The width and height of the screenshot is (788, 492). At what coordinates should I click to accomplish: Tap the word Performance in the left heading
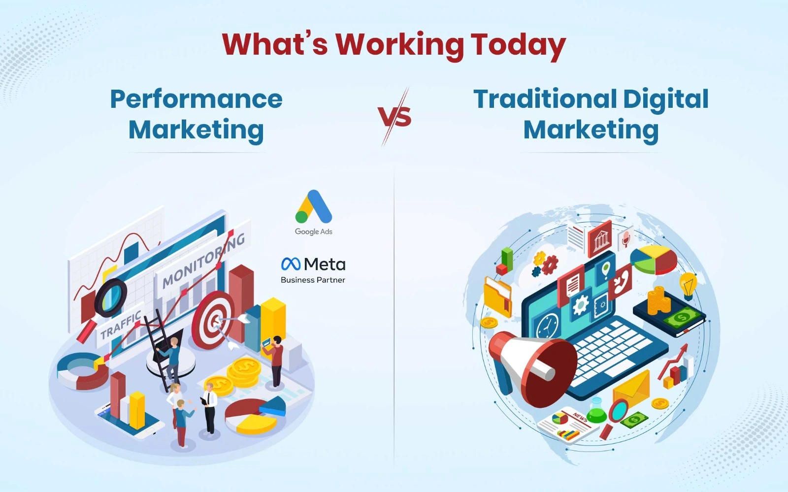(196, 99)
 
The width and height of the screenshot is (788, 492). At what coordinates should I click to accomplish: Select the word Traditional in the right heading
(545, 99)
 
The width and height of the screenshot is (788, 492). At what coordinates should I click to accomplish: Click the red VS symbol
(395, 117)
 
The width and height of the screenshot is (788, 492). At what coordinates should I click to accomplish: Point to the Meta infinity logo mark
(291, 264)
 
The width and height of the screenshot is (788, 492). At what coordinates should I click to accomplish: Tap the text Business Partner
(313, 280)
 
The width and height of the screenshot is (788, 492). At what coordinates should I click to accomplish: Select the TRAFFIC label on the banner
(120, 326)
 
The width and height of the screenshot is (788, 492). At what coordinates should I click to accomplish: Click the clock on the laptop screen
(547, 326)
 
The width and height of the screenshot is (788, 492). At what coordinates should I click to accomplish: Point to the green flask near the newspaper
(596, 410)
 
